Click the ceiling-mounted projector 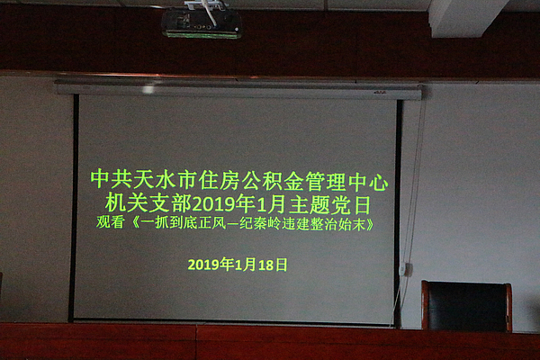pos(202,23)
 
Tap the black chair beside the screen pos(466,306)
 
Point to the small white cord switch pos(407,269)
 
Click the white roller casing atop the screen pos(238,89)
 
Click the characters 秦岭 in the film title pos(280,221)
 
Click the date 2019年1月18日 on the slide pos(238,265)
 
